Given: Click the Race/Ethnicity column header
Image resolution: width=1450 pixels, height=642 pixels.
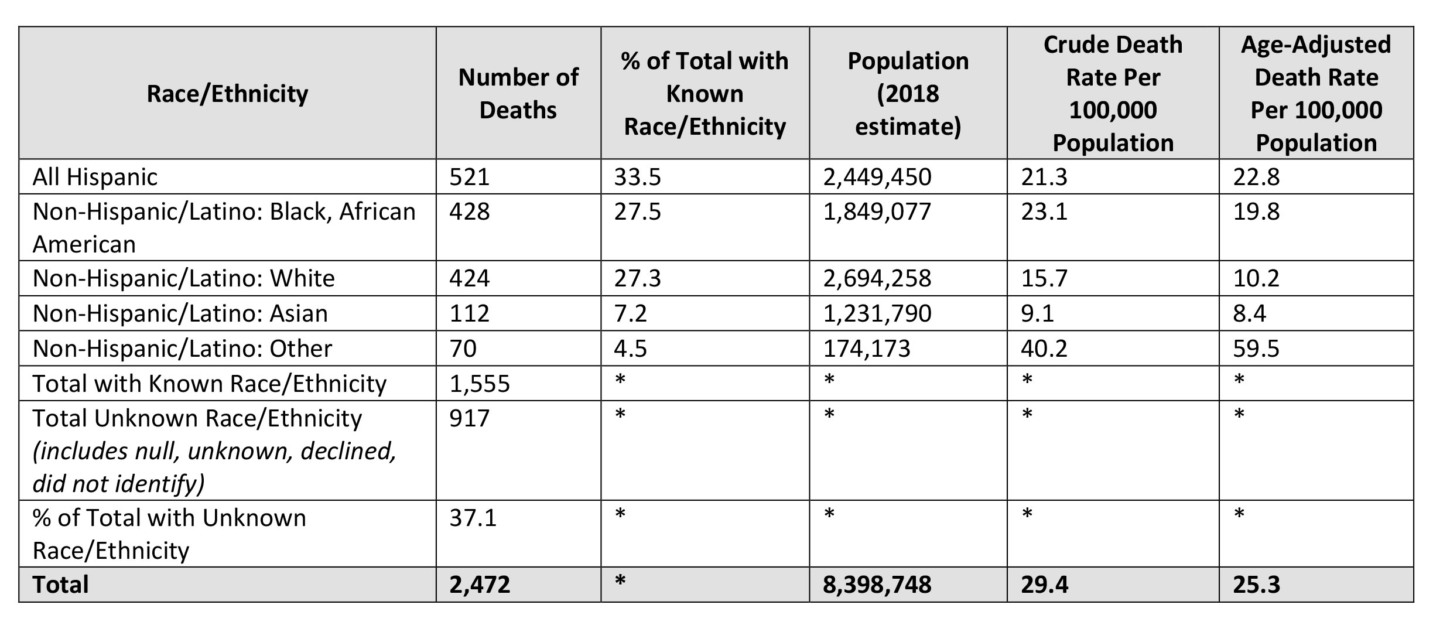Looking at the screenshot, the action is (227, 94).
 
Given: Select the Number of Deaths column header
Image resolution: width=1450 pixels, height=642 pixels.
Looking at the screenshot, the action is (518, 94).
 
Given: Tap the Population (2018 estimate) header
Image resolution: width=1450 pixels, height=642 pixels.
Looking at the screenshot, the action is (908, 94).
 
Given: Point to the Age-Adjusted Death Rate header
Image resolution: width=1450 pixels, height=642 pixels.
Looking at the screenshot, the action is (1316, 94).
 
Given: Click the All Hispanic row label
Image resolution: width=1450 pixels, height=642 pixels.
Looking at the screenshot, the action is (95, 177).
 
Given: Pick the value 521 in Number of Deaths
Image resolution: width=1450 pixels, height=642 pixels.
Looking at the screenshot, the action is (469, 177).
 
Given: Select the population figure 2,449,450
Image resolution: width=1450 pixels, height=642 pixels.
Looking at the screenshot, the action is (877, 177).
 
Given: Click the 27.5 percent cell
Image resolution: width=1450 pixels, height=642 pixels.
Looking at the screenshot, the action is (637, 211).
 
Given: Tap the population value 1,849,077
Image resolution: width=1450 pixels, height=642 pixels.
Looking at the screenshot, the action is (877, 211).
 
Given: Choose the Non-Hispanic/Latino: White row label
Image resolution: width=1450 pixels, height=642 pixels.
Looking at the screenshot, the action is (183, 278).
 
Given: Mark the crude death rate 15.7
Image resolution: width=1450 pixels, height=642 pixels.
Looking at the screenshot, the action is (1044, 278).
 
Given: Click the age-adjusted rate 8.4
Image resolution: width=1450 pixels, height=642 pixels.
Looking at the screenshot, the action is (1249, 313).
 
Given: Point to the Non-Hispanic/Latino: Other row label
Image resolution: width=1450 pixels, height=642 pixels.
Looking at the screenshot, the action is (182, 349).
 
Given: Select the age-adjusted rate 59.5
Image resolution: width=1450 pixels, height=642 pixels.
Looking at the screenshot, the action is (1256, 349).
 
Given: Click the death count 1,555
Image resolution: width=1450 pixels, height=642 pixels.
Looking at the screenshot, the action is (480, 384).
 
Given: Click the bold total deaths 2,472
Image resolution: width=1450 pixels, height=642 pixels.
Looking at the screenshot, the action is (480, 585).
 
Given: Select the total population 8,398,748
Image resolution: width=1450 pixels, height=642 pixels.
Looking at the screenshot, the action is (877, 585).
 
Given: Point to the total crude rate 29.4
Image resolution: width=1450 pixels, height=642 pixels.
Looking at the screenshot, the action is (1044, 585).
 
